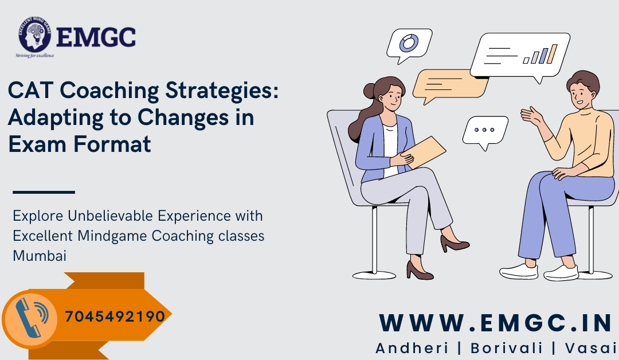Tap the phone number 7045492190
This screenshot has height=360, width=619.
[x=115, y=316]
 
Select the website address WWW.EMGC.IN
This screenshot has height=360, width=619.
[x=496, y=324]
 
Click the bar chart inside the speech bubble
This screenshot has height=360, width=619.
[x=540, y=55]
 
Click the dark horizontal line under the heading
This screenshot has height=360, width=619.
[x=44, y=192]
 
